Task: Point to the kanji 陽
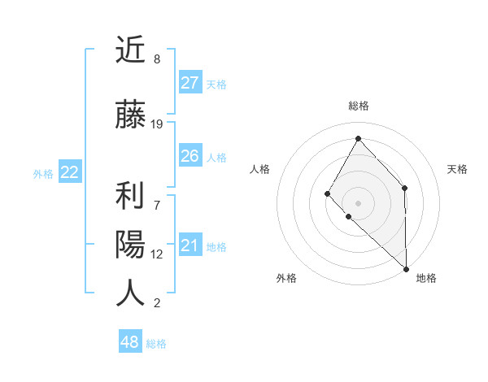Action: (x=130, y=245)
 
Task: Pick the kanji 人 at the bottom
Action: (x=130, y=293)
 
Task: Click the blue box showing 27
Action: (x=190, y=83)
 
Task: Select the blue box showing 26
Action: (x=190, y=156)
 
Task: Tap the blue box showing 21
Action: (x=190, y=245)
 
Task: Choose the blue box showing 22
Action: (x=70, y=171)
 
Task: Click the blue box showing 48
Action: (x=130, y=342)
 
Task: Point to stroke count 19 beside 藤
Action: (x=157, y=124)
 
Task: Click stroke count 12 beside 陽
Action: (x=157, y=254)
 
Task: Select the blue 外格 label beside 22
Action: (x=43, y=173)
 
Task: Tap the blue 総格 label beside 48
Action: (x=156, y=344)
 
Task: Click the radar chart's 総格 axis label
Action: (x=358, y=106)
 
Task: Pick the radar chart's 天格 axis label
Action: (x=457, y=169)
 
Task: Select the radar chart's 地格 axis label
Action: (x=426, y=278)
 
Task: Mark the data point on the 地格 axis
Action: (x=405, y=268)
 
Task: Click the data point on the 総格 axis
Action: (x=358, y=138)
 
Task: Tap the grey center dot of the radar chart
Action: (x=358, y=202)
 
